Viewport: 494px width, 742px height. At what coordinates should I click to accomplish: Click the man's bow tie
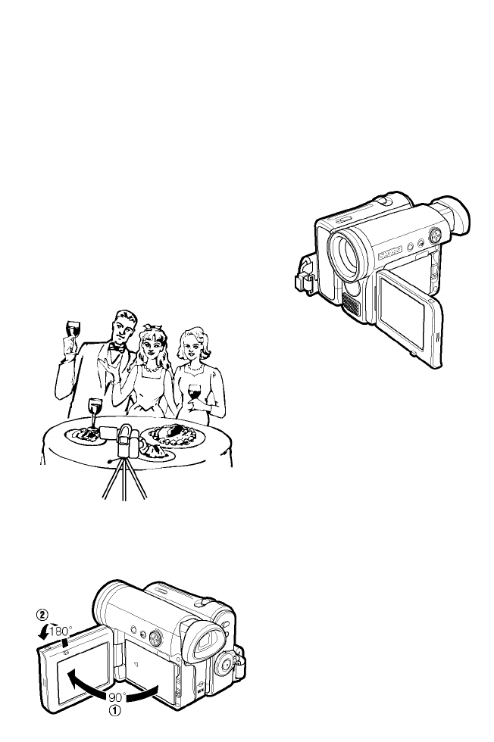point(117,348)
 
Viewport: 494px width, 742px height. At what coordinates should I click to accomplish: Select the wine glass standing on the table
point(95,413)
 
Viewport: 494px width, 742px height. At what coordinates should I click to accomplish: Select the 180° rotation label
point(61,631)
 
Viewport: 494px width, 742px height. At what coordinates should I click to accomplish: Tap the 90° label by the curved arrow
point(117,697)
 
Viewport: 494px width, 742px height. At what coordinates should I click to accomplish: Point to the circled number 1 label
point(114,710)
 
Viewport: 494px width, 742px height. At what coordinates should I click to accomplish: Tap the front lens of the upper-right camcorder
point(348,256)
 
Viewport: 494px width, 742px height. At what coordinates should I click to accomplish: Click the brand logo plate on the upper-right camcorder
point(389,252)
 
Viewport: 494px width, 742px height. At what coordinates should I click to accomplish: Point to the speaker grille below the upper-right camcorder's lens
point(351,304)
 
